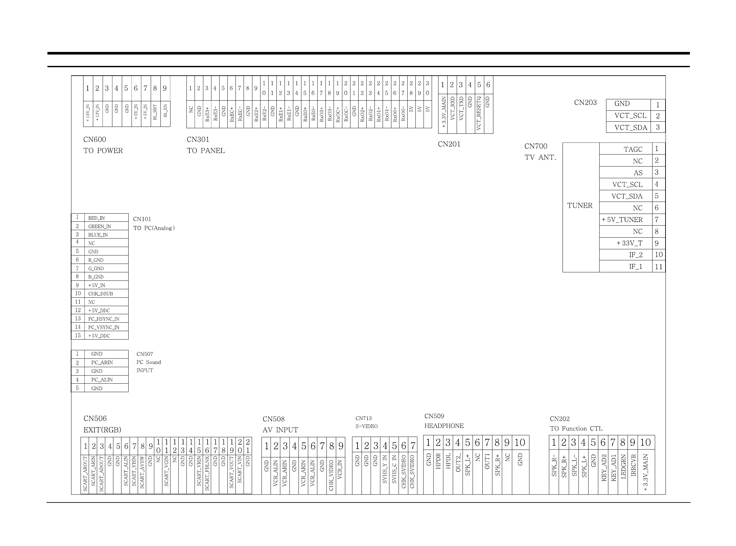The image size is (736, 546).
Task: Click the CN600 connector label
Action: coord(95,140)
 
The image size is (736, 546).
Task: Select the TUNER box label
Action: coord(580,205)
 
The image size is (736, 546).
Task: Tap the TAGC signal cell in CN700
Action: coord(632,149)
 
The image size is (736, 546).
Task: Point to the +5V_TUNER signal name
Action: coord(622,220)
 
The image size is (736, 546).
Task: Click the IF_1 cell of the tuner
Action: coord(636,267)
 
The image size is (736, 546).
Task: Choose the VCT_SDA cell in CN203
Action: coord(630,128)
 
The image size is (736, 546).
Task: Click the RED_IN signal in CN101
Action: coord(96,218)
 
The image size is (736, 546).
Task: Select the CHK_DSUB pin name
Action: coord(100,294)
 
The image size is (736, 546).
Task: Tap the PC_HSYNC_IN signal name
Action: coord(104,319)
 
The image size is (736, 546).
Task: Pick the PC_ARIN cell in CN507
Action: coord(102,363)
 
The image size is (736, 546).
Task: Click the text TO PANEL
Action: coord(206,151)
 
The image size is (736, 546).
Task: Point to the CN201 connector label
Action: coord(449,144)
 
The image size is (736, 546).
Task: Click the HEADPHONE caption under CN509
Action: coord(444,426)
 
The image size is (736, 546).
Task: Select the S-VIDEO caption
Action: coord(366,426)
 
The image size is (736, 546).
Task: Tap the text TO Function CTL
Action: coord(576,429)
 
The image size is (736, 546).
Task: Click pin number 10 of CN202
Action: coord(645,442)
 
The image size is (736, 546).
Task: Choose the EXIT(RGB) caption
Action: coord(102,430)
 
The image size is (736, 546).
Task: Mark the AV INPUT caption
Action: coord(280,430)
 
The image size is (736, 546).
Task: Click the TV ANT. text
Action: coord(540,158)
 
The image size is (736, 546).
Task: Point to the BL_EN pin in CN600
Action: coord(165,111)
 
